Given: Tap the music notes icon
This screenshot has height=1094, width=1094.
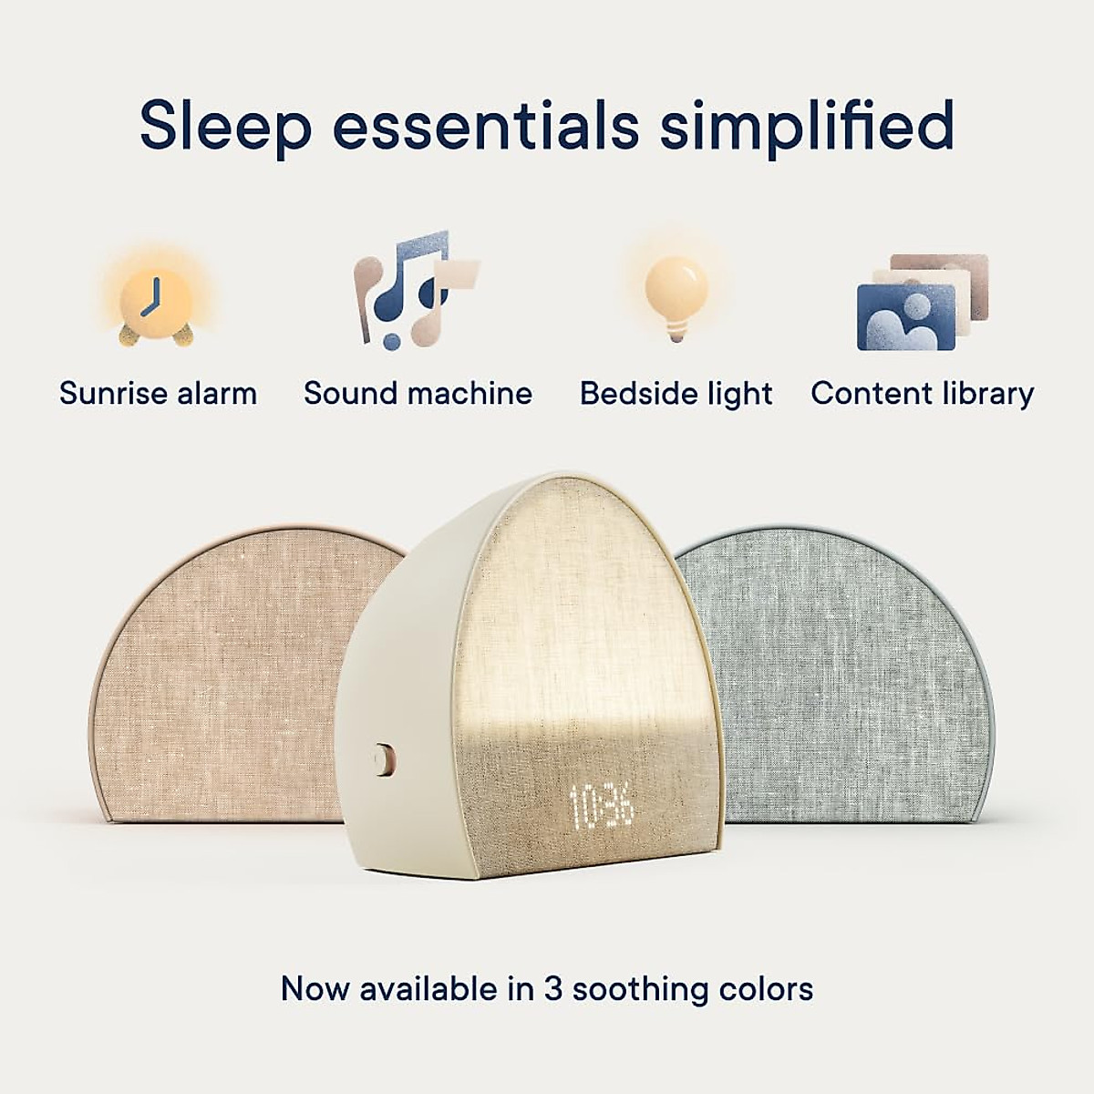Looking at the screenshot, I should click(416, 289).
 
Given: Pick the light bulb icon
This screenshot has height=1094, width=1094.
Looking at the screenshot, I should click(676, 294).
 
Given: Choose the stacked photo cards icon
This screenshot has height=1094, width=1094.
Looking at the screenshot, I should click(922, 302).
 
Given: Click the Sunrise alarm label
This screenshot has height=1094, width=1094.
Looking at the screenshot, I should click(158, 394).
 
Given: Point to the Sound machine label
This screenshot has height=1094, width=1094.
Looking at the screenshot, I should click(418, 394).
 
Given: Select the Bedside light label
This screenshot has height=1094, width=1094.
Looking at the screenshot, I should click(676, 394).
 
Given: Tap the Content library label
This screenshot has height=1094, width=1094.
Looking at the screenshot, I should click(922, 394).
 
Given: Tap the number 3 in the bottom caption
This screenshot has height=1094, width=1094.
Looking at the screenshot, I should click(553, 989).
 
